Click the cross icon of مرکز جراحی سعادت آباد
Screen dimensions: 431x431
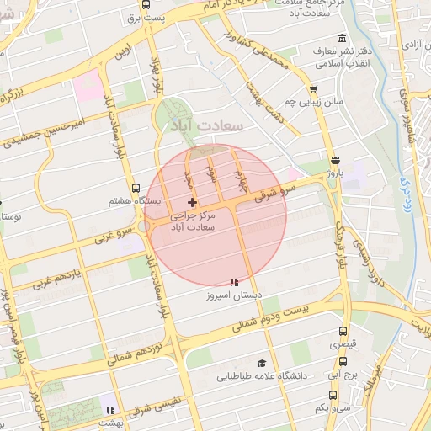coord(193,202)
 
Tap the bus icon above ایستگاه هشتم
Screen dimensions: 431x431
coord(136,189)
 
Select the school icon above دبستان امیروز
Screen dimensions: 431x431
coord(233,282)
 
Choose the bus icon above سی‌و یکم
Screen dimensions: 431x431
coord(332,393)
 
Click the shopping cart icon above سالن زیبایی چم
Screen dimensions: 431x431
coord(313,88)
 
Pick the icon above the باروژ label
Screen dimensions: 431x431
coord(336,160)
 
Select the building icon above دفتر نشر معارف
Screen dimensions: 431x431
coord(341,38)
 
